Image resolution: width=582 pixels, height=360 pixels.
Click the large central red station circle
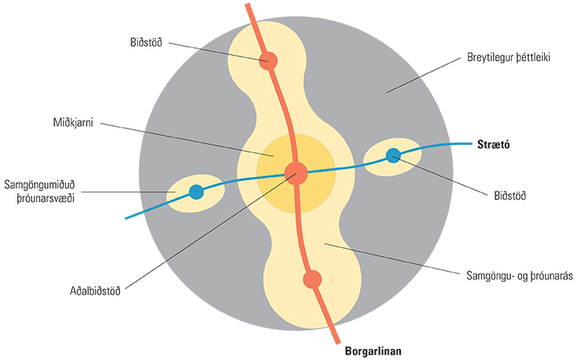click(295, 173)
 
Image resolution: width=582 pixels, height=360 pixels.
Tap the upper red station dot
click(269, 59)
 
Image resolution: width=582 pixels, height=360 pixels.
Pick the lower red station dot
click(312, 279)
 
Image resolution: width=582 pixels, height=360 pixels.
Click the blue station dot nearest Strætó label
click(393, 155)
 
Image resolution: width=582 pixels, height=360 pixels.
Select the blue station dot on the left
click(196, 191)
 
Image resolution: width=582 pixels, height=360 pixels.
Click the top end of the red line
click(248, 6)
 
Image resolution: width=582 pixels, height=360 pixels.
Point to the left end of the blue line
click(127, 217)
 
